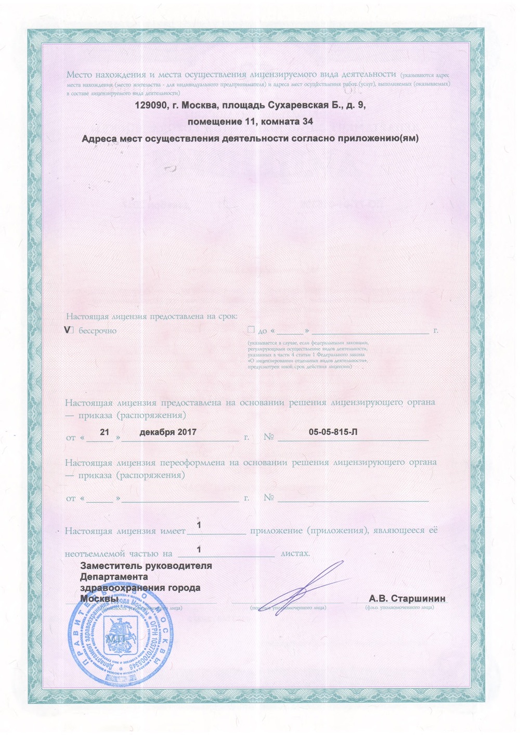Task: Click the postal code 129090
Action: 151,106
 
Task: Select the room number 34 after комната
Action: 308,122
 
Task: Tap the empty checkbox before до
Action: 251,330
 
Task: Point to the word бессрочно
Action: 98,331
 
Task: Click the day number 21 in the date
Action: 104,432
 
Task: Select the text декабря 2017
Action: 168,432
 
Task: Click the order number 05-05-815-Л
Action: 333,432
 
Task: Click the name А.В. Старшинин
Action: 407,598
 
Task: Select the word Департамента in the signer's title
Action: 114,577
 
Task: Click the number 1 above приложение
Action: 199,526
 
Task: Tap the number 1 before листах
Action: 199,549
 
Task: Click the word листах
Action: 295,554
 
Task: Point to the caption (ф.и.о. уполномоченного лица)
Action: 399,607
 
